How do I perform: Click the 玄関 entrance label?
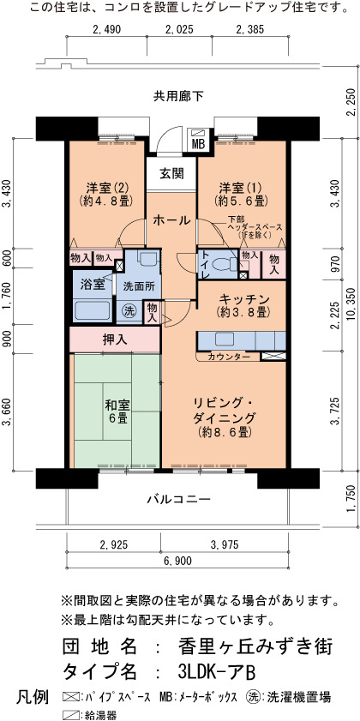pos(171,173)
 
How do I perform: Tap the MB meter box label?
pos(198,144)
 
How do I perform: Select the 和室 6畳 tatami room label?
pos(117,412)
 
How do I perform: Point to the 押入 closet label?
pos(115,340)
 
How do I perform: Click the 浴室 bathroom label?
pos(92,284)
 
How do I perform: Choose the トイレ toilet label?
pos(205,265)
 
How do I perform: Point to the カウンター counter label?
pos(229,357)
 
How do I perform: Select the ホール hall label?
pos(171,220)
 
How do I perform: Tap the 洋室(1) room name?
pos(239,188)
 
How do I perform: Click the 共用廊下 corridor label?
pos(179,96)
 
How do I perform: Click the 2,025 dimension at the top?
pos(180,30)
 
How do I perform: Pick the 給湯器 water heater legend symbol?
pos(70,715)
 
